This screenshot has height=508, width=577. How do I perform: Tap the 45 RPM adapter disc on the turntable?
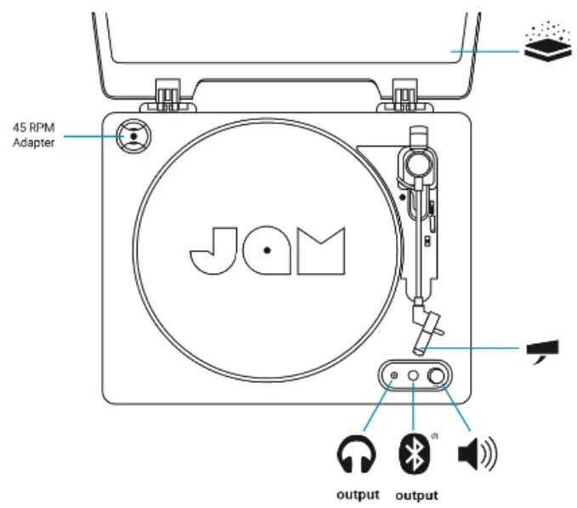[133, 135]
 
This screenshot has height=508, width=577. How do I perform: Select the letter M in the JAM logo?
[323, 250]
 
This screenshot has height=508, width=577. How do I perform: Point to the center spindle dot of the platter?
[267, 250]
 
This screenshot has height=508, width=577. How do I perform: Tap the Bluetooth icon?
[413, 454]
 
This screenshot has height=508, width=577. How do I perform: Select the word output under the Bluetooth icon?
[416, 495]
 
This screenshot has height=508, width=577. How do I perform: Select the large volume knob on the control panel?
[438, 375]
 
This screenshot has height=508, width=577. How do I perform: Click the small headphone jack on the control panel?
[393, 375]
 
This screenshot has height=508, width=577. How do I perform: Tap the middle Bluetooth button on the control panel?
[413, 375]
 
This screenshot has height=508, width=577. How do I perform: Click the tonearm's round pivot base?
[416, 162]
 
